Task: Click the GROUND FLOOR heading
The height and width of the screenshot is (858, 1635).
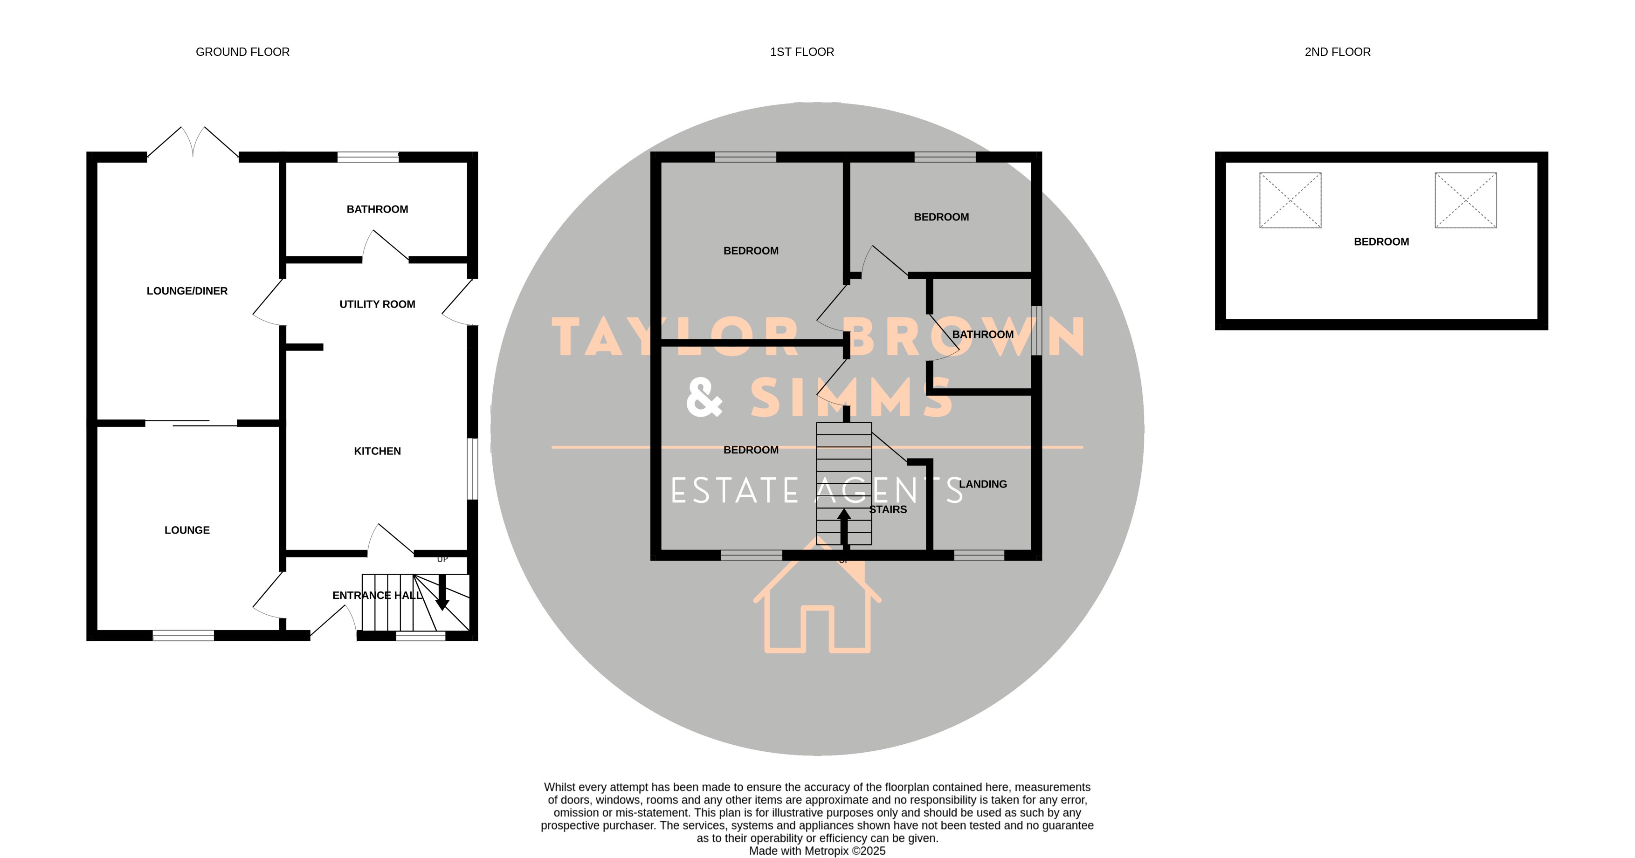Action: click(x=242, y=52)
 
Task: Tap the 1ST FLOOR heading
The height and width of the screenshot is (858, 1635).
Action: click(x=801, y=52)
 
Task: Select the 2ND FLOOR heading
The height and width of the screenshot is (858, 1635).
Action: click(x=1337, y=52)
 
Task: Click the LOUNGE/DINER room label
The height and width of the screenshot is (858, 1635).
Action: click(x=186, y=291)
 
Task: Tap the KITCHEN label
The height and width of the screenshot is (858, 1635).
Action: click(x=377, y=451)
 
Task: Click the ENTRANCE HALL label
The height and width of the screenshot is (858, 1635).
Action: click(x=377, y=595)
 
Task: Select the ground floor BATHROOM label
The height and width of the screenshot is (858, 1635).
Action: click(x=377, y=209)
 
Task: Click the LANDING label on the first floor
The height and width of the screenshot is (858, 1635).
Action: click(x=982, y=484)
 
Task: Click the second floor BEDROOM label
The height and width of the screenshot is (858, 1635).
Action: click(x=1381, y=242)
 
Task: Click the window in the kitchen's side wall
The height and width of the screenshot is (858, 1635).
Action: click(x=472, y=469)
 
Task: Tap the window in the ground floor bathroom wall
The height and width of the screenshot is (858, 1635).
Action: click(x=367, y=157)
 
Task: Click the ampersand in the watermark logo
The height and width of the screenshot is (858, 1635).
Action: click(x=704, y=397)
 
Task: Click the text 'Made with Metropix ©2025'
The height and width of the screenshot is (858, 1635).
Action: click(x=817, y=851)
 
